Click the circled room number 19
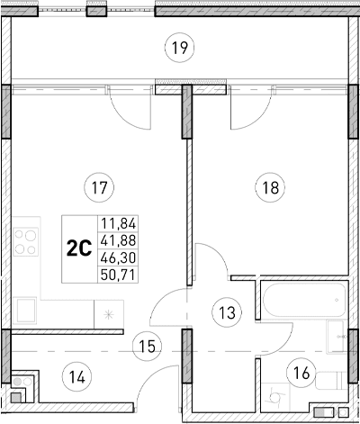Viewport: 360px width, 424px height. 181,46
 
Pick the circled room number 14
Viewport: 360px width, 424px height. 79,376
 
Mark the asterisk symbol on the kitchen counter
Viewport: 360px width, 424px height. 109,314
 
